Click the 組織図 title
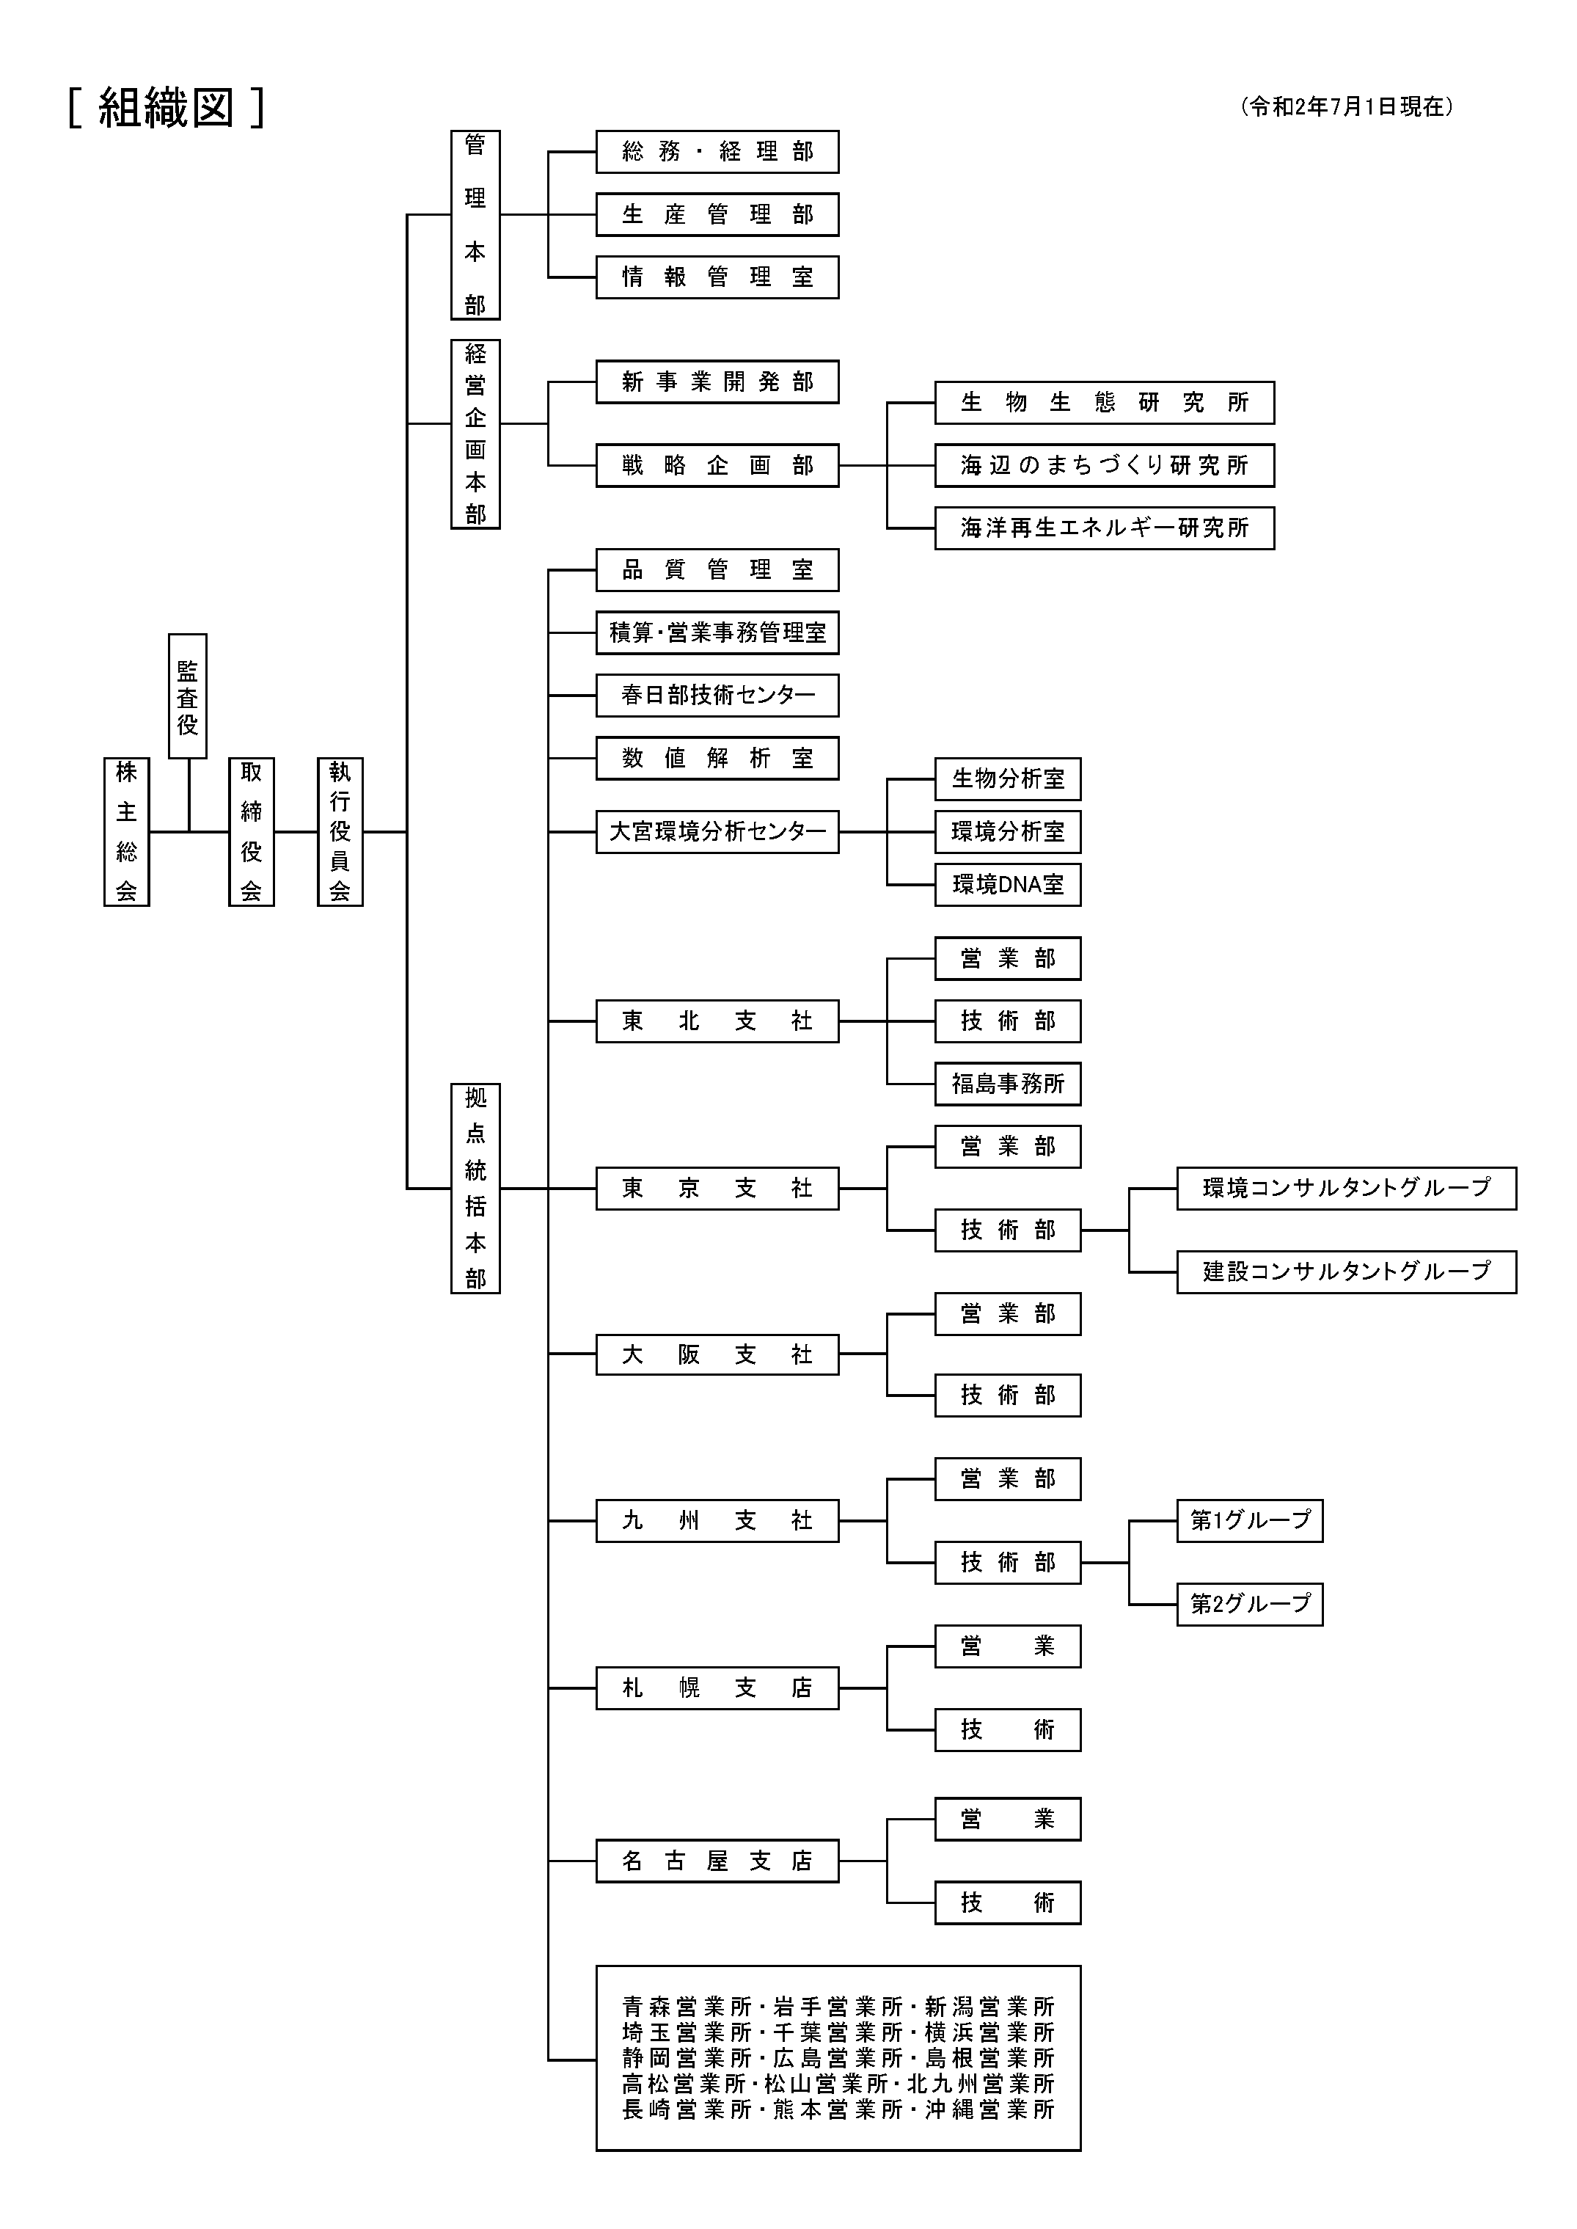166,108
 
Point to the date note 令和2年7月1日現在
1347,107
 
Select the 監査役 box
188,696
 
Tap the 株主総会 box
126,831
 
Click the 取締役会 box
252,831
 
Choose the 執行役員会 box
340,831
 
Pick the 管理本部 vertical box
475,225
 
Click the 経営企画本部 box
475,433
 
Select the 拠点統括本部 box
475,1188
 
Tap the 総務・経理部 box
717,152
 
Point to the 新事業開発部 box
717,382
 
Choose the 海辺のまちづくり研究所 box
1104,465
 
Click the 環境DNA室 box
1007,885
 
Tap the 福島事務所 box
1007,1084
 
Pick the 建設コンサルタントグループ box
1346,1272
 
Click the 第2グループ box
1250,1604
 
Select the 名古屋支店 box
717,1861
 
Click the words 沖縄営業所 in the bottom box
989,2109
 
